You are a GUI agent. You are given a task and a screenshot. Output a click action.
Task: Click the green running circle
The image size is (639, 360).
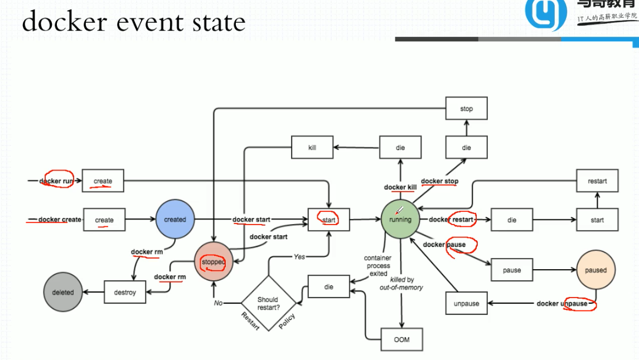[400, 220]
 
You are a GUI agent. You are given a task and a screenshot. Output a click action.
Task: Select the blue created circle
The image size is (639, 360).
[175, 220]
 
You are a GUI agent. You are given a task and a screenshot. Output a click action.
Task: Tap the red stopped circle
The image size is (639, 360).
[214, 262]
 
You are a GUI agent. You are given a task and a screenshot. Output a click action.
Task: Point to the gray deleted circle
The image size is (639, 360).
[63, 292]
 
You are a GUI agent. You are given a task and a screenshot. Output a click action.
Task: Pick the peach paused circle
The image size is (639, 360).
[596, 270]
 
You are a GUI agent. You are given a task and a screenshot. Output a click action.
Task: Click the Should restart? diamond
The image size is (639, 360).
[268, 303]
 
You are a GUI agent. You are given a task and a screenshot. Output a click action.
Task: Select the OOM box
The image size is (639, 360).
[401, 339]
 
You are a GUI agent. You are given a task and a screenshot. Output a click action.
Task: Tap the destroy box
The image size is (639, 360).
[125, 292]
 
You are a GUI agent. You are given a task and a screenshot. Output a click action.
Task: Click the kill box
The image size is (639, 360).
[312, 148]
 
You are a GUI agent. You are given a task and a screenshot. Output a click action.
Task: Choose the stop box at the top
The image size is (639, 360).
[467, 109]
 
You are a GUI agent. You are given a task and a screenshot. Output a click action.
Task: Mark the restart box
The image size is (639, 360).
[597, 181]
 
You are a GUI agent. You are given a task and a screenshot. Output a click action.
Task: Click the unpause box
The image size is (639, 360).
[467, 304]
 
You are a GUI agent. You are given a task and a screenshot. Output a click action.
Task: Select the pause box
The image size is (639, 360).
[512, 270]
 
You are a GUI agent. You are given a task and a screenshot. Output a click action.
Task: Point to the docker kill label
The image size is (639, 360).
[400, 187]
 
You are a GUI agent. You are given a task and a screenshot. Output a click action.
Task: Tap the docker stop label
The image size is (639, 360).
[440, 181]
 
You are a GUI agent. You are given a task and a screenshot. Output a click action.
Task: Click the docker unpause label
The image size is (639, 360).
[562, 304]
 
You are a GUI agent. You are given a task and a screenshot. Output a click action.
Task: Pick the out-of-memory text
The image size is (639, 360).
[401, 288]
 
